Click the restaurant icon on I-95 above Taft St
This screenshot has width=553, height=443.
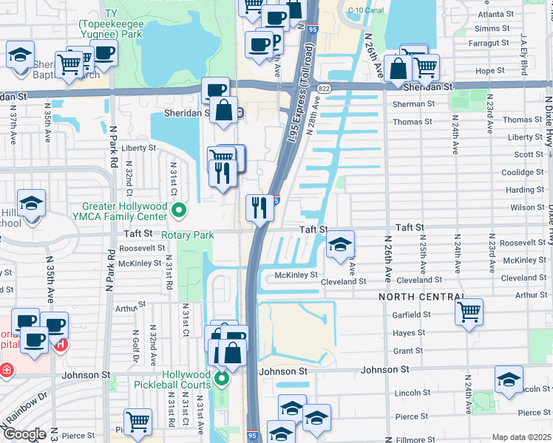pyautogui.click(x=259, y=207)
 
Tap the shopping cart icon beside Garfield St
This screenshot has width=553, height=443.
pyautogui.click(x=469, y=311)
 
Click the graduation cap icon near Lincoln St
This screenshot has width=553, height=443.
pyautogui.click(x=509, y=380)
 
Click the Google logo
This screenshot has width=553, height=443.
pyautogui.click(x=24, y=434)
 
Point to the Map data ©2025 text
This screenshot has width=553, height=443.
pyautogui.click(x=521, y=437)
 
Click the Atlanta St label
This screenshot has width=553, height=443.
pyautogui.click(x=495, y=14)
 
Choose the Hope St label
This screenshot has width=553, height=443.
pyautogui.click(x=490, y=71)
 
